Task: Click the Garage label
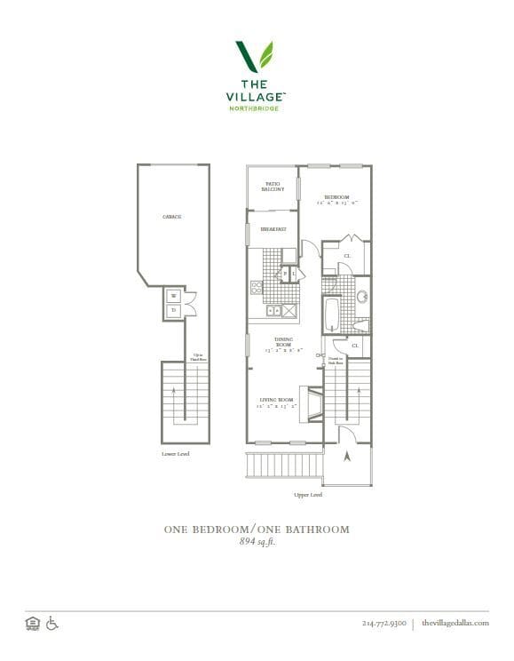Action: [171, 217]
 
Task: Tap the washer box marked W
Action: [173, 296]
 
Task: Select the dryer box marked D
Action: [173, 309]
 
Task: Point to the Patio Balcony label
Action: [273, 187]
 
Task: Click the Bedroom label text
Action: [336, 198]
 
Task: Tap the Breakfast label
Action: [273, 229]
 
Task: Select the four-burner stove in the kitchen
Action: [257, 286]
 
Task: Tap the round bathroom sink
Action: [363, 297]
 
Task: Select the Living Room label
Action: [276, 402]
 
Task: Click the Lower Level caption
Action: [176, 454]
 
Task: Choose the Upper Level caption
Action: [307, 495]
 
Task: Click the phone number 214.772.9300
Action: [384, 624]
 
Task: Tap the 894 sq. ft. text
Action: [257, 543]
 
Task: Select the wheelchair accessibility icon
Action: [52, 623]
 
